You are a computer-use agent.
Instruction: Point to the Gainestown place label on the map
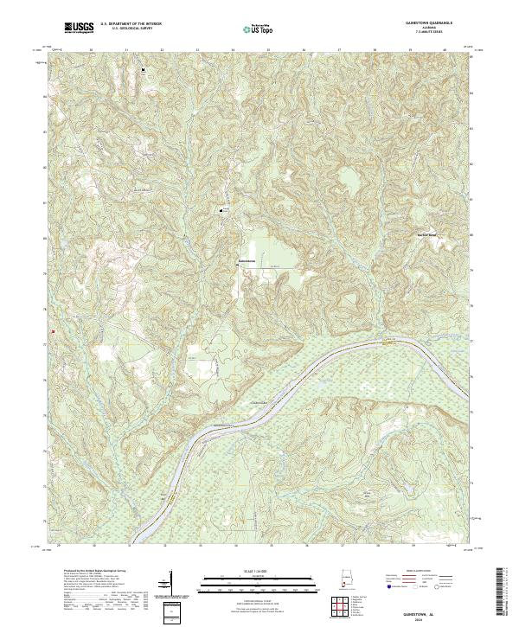coord(247,262)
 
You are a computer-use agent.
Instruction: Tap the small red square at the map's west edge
coord(53,331)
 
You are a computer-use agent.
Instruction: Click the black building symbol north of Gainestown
coord(221,210)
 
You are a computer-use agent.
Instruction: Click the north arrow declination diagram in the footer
coord(170,579)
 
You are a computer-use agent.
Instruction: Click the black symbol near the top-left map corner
coord(144,69)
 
